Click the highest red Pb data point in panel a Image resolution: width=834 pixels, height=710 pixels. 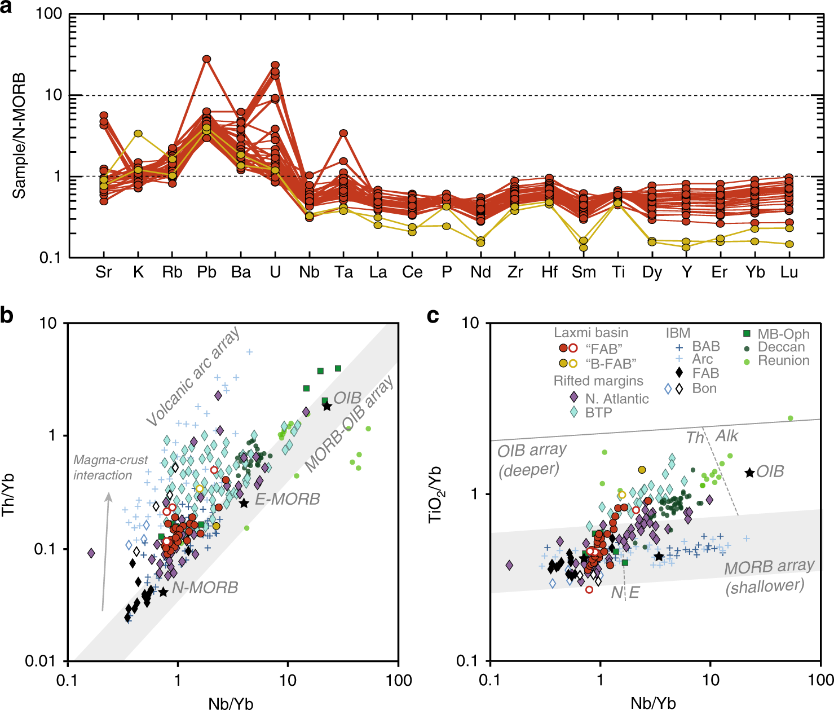(x=206, y=59)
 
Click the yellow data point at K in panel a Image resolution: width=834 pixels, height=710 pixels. (x=138, y=134)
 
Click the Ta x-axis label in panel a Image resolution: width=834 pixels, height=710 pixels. (x=343, y=272)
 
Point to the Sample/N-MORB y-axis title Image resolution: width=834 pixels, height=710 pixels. (x=20, y=135)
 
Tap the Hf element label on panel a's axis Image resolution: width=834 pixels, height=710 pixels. (x=549, y=272)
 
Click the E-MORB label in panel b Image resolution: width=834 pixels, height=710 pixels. (x=288, y=499)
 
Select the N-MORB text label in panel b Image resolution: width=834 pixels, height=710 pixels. (x=205, y=588)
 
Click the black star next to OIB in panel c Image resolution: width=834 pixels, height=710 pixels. (x=749, y=473)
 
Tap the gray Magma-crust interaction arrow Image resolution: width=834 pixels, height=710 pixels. (x=105, y=553)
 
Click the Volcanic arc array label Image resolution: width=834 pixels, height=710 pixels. (x=193, y=377)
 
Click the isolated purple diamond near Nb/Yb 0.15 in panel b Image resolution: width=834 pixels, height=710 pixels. (x=91, y=553)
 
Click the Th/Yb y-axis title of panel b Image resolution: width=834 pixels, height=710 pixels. (x=9, y=493)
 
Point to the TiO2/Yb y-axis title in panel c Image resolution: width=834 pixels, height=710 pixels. (x=436, y=494)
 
